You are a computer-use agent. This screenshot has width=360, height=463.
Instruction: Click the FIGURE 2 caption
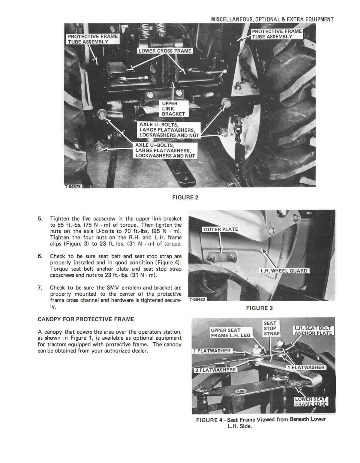click(185, 197)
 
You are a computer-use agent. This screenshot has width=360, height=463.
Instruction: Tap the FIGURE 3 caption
click(259, 308)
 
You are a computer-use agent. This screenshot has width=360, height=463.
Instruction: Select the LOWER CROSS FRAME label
click(165, 51)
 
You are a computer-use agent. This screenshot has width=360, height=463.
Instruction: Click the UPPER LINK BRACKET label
click(173, 109)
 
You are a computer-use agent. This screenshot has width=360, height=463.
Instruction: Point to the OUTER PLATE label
click(221, 229)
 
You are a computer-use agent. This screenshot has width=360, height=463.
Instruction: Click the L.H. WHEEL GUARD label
click(284, 271)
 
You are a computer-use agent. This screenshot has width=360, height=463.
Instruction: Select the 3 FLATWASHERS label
click(215, 370)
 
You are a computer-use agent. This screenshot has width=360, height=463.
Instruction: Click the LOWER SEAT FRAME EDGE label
click(310, 401)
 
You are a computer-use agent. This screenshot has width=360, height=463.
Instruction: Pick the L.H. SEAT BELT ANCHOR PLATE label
click(313, 331)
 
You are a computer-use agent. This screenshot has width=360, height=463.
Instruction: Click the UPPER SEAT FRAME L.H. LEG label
click(230, 332)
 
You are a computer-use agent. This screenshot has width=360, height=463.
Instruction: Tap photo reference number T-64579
click(73, 186)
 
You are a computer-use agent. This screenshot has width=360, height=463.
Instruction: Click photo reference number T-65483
click(197, 299)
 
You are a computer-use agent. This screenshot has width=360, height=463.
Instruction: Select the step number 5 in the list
click(40, 218)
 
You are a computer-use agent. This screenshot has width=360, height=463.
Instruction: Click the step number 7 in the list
click(40, 288)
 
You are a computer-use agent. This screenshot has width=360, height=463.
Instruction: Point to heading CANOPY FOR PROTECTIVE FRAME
click(86, 319)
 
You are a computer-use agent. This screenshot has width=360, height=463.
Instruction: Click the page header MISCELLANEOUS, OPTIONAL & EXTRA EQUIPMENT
click(272, 20)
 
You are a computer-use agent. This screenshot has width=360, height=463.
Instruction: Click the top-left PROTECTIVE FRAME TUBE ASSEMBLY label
click(93, 39)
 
